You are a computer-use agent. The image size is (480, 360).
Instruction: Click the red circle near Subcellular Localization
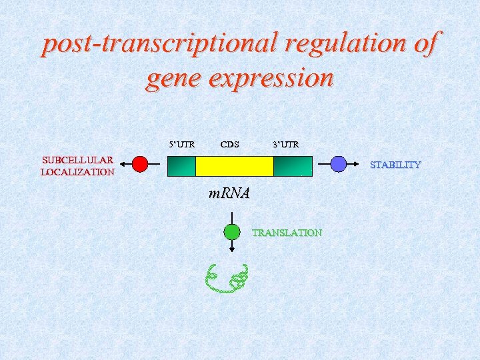click(140, 164)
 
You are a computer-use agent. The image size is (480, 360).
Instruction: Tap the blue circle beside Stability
click(339, 164)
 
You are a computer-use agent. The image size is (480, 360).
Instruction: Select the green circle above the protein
click(231, 232)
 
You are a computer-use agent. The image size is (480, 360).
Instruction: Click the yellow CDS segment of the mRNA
click(234, 166)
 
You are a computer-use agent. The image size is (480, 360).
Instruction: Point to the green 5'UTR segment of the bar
click(181, 166)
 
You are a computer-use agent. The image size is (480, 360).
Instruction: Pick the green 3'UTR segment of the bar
click(293, 166)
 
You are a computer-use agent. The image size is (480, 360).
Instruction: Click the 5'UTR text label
click(181, 143)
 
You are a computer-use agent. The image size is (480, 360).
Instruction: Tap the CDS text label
click(229, 143)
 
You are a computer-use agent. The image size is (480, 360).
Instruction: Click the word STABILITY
click(395, 165)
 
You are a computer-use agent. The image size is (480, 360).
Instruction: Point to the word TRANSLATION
click(287, 233)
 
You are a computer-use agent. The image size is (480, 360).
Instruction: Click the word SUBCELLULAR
click(77, 160)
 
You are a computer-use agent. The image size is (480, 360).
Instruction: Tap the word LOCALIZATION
click(77, 172)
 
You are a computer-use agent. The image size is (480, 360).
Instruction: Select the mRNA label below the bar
click(229, 194)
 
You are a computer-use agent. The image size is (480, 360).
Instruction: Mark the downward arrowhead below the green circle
click(231, 249)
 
